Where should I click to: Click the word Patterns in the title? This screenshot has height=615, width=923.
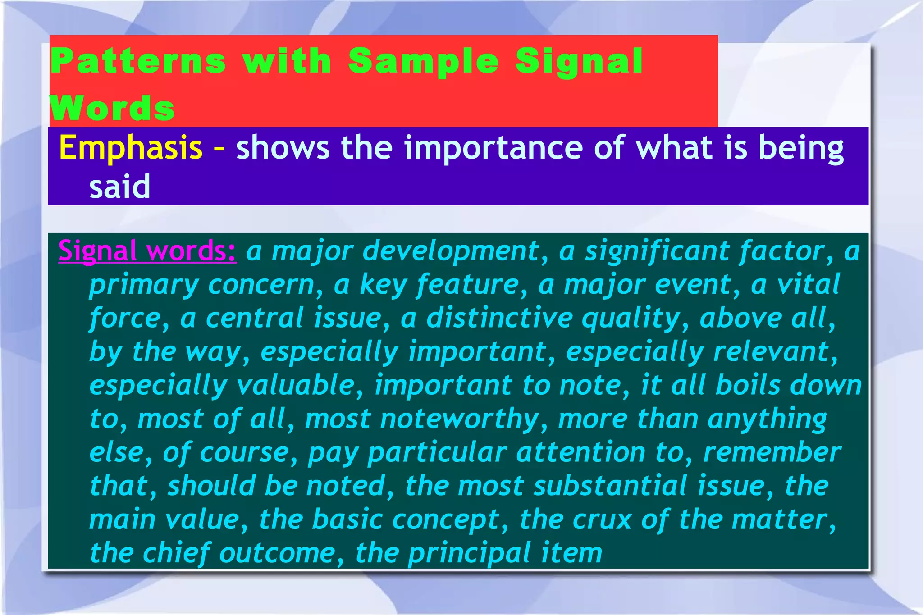click(x=138, y=61)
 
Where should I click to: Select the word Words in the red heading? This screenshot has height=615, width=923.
click(x=112, y=108)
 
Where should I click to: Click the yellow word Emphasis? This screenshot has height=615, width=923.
click(x=131, y=148)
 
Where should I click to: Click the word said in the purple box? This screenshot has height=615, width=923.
click(x=119, y=187)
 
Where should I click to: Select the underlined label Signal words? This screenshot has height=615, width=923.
click(x=147, y=251)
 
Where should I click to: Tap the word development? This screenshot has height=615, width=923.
click(x=451, y=251)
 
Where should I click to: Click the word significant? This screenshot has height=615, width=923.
click(x=657, y=251)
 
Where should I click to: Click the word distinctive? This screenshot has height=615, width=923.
click(x=499, y=318)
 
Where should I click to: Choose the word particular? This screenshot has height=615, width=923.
click(x=437, y=452)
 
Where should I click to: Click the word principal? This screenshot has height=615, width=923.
click(x=469, y=553)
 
